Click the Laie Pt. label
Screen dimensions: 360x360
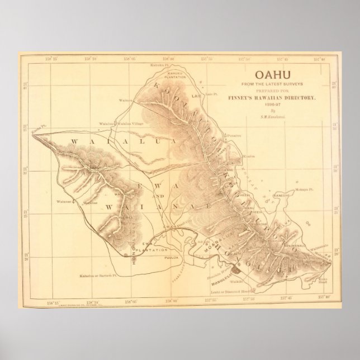coord(212,96)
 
